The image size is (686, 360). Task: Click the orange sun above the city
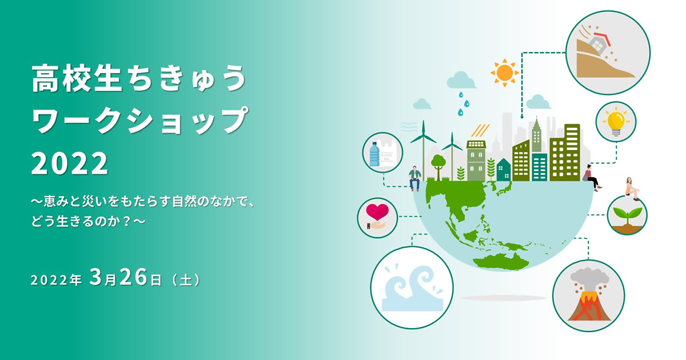pos(505,73)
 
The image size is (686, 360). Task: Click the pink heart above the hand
pos(377,211)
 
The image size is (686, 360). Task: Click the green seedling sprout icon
pos(627,217)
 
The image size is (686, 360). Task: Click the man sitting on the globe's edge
pos(414,178)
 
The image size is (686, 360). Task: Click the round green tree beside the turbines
pos(438,166)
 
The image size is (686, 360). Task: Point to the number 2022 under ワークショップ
pos(70,163)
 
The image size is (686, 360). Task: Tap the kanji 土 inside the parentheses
pos(185,280)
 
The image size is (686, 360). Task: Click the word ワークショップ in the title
pos(139,120)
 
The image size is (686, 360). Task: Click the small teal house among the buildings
pos(504,169)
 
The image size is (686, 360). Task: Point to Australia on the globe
pos(501,262)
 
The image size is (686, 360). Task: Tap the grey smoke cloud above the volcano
pos(589,278)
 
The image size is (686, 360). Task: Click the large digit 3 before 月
pos(95,277)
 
